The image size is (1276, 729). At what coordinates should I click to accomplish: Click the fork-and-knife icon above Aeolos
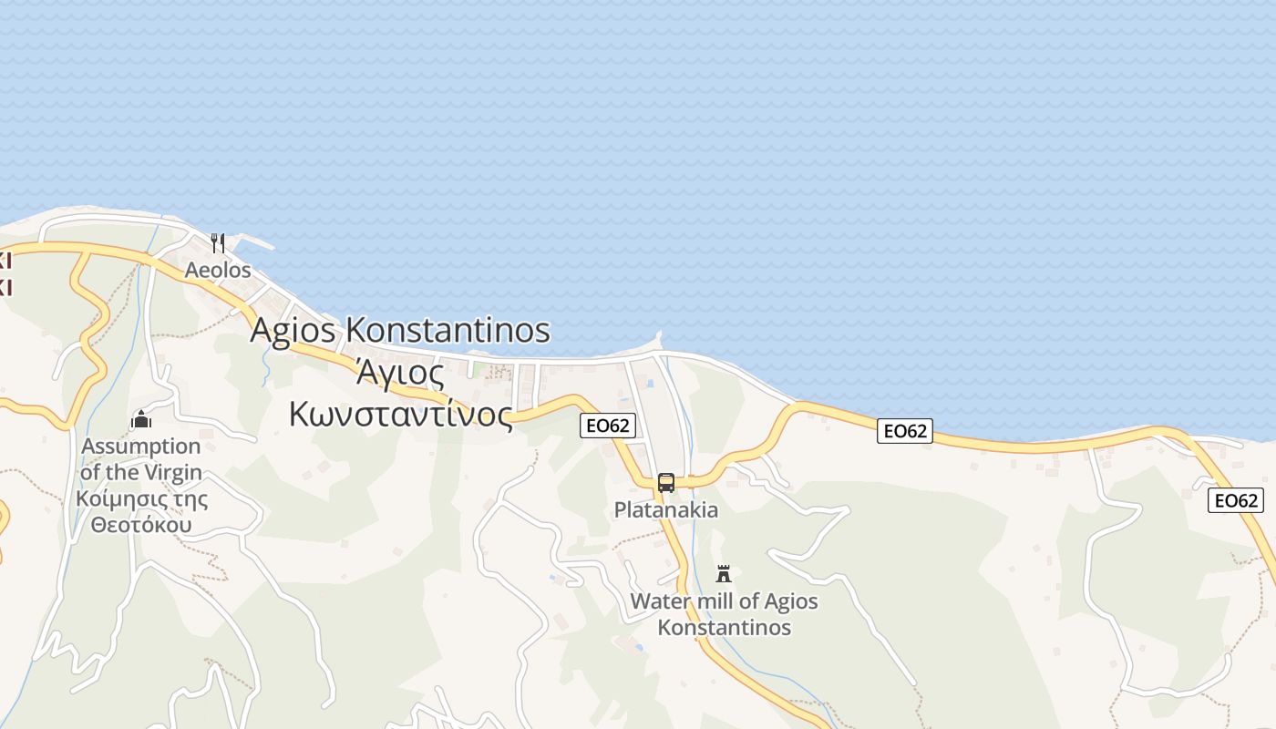point(218,243)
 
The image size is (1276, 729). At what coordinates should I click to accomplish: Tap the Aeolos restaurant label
point(218,271)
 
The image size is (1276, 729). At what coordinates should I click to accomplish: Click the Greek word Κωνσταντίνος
point(401,414)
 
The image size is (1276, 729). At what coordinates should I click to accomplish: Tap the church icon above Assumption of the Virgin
point(141,419)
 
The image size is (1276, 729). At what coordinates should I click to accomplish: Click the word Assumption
point(141,447)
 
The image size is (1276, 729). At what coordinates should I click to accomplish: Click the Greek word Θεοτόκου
point(141,526)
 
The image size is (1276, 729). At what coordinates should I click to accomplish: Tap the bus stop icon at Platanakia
point(666,483)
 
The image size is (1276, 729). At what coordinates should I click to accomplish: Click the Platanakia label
point(666,509)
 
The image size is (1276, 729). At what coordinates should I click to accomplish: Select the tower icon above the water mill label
point(724,574)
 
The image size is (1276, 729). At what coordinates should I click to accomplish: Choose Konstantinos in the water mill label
point(725,628)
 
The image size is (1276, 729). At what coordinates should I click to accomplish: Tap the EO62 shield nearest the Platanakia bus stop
point(607,426)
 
